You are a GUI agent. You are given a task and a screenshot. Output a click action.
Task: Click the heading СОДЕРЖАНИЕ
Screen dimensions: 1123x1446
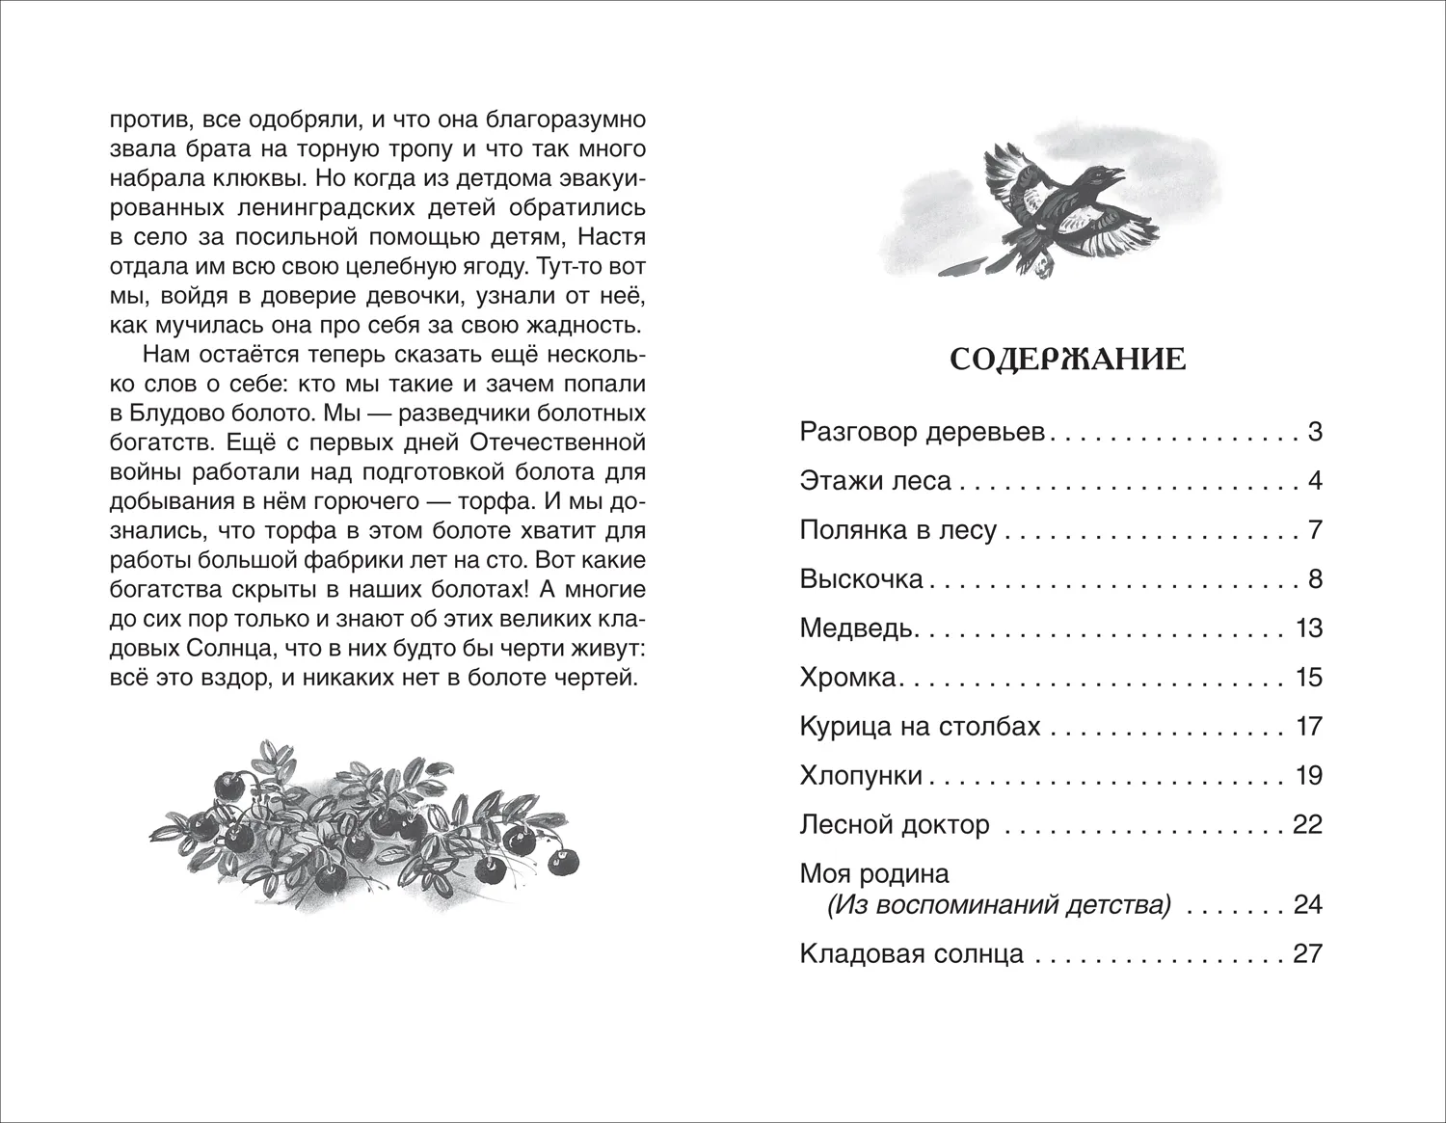point(1067,360)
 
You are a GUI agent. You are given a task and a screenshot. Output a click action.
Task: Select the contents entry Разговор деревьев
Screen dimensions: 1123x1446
point(923,432)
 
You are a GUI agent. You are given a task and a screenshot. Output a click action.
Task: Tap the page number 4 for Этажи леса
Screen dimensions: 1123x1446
point(1314,481)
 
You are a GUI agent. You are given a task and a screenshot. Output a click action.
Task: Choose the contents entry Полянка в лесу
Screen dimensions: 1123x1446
point(897,530)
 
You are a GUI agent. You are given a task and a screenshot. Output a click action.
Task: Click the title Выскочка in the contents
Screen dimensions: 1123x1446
point(861,579)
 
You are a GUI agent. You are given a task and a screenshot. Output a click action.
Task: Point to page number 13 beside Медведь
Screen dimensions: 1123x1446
point(1309,628)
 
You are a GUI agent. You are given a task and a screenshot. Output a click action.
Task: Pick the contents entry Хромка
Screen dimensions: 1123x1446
point(848,678)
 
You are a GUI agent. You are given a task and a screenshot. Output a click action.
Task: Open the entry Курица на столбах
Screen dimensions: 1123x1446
point(920,726)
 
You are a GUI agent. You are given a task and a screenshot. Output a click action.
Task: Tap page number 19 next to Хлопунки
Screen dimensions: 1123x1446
point(1309,776)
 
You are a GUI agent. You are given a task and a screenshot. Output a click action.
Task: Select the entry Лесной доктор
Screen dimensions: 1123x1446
point(895,825)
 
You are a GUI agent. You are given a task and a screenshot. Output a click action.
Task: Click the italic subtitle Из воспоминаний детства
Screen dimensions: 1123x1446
point(999,905)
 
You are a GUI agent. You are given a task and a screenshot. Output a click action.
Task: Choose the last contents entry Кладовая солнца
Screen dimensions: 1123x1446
point(911,954)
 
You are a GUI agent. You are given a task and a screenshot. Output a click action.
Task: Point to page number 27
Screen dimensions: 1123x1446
point(1307,954)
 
